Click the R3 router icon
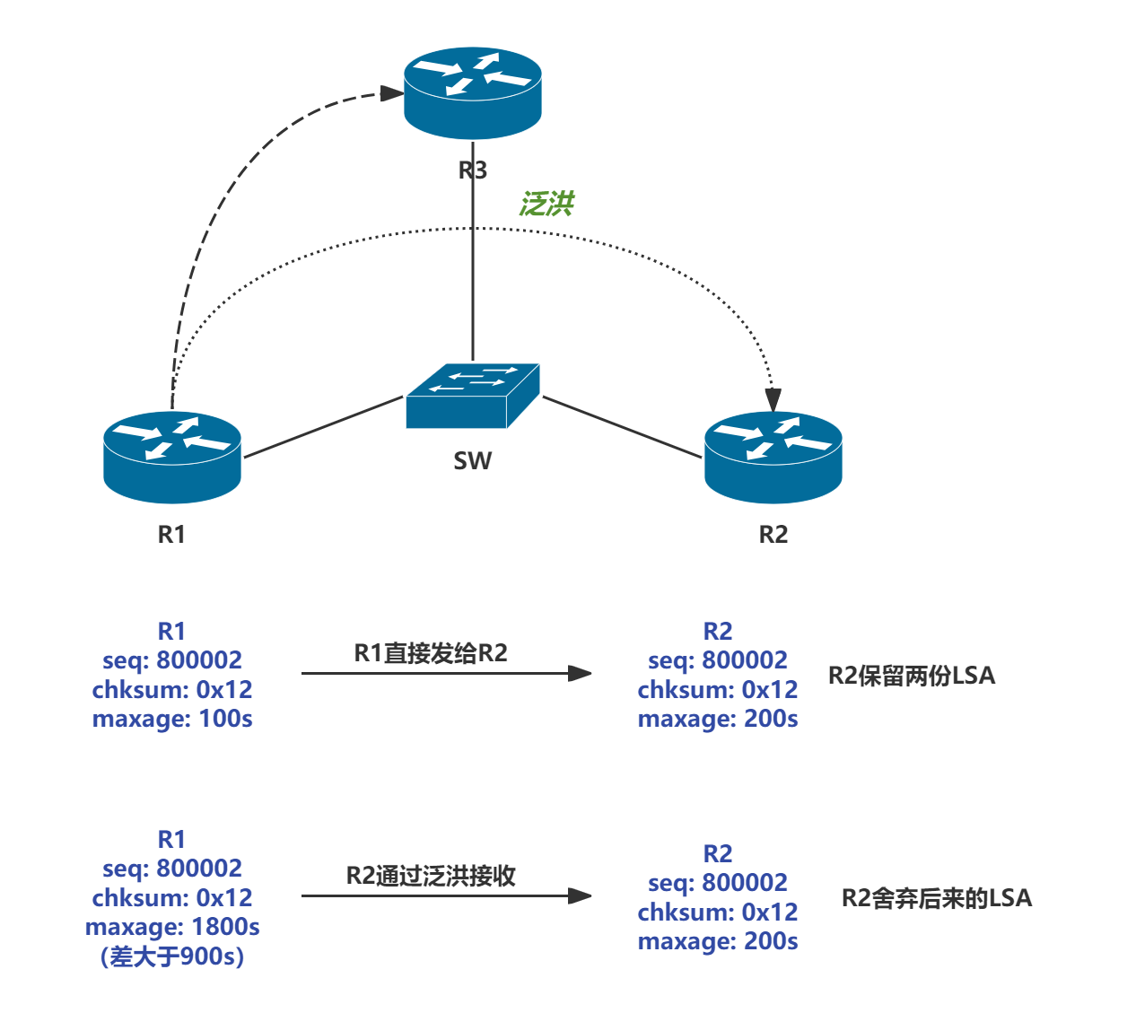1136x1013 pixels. click(473, 94)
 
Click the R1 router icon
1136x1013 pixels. click(172, 456)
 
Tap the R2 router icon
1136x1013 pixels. click(773, 456)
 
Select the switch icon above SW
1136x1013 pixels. click(473, 396)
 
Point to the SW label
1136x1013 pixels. click(473, 460)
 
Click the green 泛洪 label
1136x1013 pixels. click(546, 204)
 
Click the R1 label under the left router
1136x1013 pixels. click(171, 534)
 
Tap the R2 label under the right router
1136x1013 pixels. click(773, 534)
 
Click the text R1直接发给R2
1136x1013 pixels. click(431, 652)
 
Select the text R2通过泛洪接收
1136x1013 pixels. click(431, 876)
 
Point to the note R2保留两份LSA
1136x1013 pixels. click(912, 676)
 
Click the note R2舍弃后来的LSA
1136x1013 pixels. click(937, 898)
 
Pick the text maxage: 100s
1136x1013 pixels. click(172, 719)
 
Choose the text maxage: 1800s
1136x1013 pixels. click(172, 927)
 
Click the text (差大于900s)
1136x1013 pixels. click(172, 956)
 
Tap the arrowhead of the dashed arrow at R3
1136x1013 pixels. click(391, 93)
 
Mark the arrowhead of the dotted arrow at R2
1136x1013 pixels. click(773, 400)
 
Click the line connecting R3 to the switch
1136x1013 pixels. click(473, 269)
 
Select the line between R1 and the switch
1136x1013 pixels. click(323, 427)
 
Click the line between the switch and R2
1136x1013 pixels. click(622, 427)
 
